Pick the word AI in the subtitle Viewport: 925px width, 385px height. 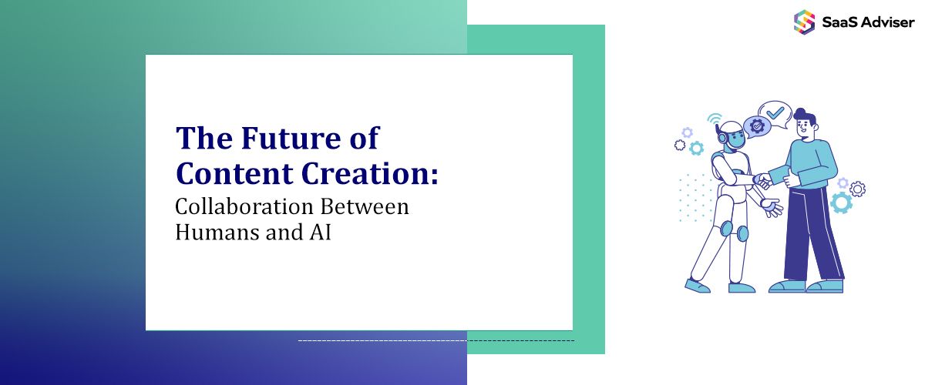point(321,232)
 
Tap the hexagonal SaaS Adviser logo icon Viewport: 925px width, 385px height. point(804,21)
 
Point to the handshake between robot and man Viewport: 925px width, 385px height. point(762,181)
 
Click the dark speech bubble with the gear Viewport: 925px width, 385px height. point(757,126)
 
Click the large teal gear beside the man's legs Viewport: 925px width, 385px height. point(841,203)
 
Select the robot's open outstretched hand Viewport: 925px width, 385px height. point(771,206)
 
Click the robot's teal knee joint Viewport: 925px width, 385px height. point(741,233)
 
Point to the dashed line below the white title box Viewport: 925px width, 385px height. point(436,340)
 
